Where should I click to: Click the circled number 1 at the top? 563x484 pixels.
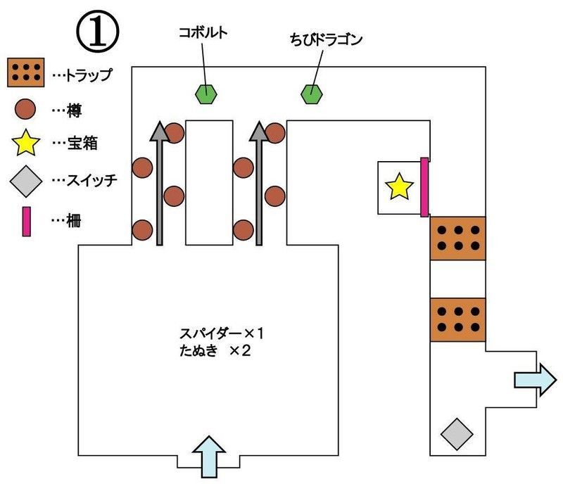(x=96, y=32)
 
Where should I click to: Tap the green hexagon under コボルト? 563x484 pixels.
(x=205, y=94)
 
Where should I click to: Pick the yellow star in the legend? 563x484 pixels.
(x=26, y=144)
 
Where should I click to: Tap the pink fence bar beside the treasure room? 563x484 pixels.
(x=424, y=187)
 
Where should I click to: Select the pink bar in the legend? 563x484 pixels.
(x=26, y=220)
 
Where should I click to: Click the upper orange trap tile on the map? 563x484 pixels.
(x=458, y=238)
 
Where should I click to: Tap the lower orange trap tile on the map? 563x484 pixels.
(x=458, y=319)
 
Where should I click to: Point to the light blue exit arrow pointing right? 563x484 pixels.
(x=534, y=379)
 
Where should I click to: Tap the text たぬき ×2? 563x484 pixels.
(x=215, y=350)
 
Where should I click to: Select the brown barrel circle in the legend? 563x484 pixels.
(x=26, y=109)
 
